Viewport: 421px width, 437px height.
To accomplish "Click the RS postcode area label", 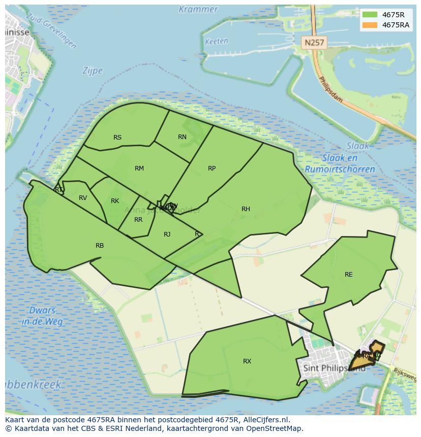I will [117, 138].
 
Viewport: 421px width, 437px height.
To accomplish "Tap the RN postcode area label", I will [182, 137].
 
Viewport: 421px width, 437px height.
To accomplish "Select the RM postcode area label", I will [139, 169].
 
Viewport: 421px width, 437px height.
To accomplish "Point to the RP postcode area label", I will [212, 169].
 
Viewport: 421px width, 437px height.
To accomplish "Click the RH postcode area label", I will [246, 209].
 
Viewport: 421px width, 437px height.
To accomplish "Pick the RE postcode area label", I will [348, 275].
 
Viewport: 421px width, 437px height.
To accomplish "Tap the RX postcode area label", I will [247, 361].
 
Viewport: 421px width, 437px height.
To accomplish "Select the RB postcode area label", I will [100, 246].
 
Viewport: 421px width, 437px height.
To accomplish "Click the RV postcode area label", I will [83, 198].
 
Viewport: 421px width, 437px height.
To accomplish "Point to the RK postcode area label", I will [115, 201].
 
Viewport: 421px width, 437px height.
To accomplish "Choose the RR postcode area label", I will [138, 220].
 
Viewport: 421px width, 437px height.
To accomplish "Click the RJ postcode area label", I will [167, 234].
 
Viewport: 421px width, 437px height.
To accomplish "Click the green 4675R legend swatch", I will [370, 15].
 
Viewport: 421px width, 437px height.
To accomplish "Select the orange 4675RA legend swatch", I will [370, 25].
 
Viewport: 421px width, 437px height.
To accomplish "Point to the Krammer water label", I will [198, 9].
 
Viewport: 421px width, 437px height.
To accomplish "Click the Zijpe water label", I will [92, 71].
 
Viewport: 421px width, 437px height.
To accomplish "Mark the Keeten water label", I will [216, 42].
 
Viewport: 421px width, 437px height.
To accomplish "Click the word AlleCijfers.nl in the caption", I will [264, 420].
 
